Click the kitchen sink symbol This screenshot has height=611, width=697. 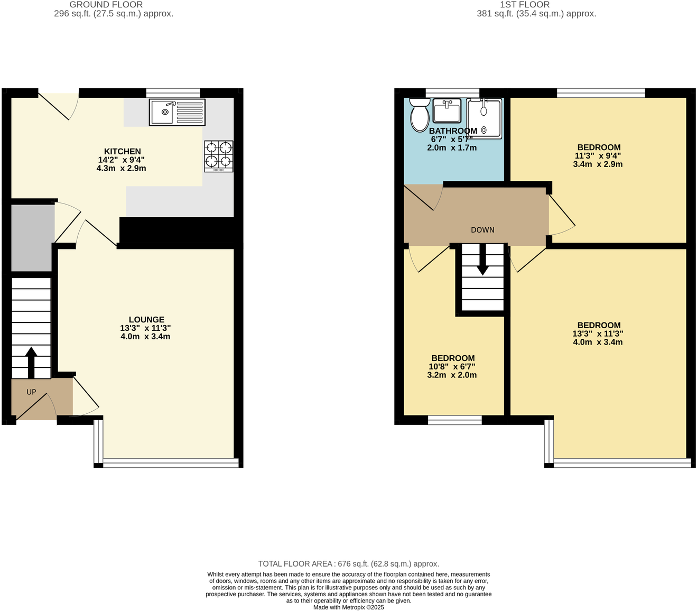tap(177, 112)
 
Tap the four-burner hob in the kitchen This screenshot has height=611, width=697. tap(219, 156)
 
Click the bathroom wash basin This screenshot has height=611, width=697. tap(447, 111)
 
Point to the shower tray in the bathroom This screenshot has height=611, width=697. tap(484, 118)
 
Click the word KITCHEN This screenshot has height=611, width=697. tap(122, 152)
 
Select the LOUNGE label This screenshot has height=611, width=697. tap(146, 320)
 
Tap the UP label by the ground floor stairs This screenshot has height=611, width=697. tap(31, 392)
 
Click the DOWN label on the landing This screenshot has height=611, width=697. tap(482, 230)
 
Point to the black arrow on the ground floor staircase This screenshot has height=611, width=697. tap(31, 363)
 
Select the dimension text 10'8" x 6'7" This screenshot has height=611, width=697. tap(452, 367)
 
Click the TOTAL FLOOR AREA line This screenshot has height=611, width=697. tap(348, 564)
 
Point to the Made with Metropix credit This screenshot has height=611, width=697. tap(348, 607)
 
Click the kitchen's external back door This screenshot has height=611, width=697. tap(58, 105)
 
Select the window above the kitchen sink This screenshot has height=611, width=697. tap(173, 93)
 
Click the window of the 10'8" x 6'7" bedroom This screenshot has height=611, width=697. tap(454, 420)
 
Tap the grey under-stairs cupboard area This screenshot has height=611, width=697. tap(32, 238)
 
